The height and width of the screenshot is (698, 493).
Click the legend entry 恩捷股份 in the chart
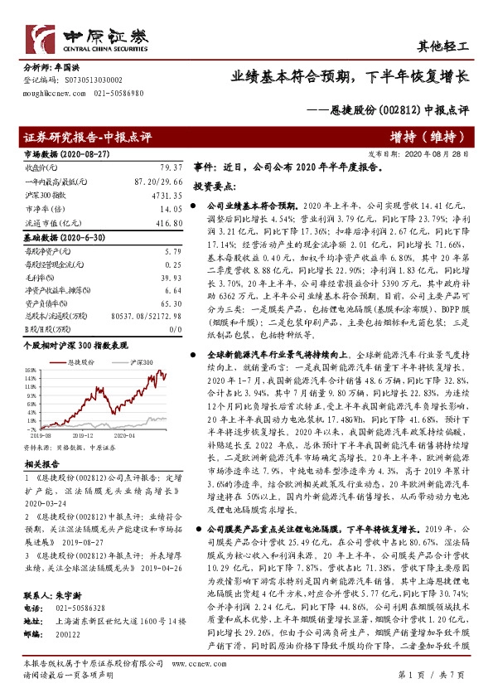click(x=78, y=363)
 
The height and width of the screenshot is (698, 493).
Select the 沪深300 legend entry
click(x=141, y=363)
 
